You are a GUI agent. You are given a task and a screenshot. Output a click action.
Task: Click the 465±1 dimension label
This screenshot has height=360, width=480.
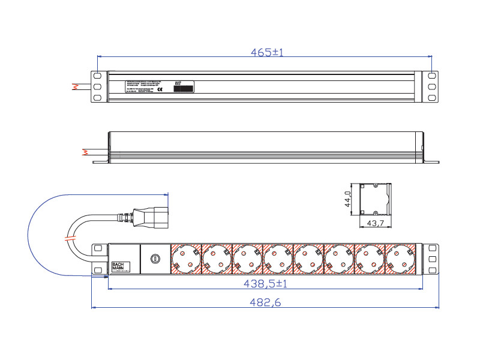point(266,53)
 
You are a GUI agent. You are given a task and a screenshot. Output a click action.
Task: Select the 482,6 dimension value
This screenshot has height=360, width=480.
point(265,303)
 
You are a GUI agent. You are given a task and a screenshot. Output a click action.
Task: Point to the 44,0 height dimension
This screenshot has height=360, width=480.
point(347,199)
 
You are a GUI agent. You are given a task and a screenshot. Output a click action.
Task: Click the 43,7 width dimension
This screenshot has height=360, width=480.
point(376,223)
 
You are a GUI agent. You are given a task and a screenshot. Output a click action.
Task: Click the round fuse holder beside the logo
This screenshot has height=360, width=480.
point(155,259)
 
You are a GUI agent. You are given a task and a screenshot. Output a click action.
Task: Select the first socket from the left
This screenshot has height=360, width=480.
point(186,259)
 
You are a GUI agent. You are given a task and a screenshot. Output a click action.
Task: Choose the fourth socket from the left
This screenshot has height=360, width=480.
point(278,259)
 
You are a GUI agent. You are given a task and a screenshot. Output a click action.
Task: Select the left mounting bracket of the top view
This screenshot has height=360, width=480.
point(98,86)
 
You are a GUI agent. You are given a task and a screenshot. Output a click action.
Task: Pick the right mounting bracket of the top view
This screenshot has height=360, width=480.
point(431,86)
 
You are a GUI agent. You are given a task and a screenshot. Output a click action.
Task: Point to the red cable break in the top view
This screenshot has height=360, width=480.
point(76,86)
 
